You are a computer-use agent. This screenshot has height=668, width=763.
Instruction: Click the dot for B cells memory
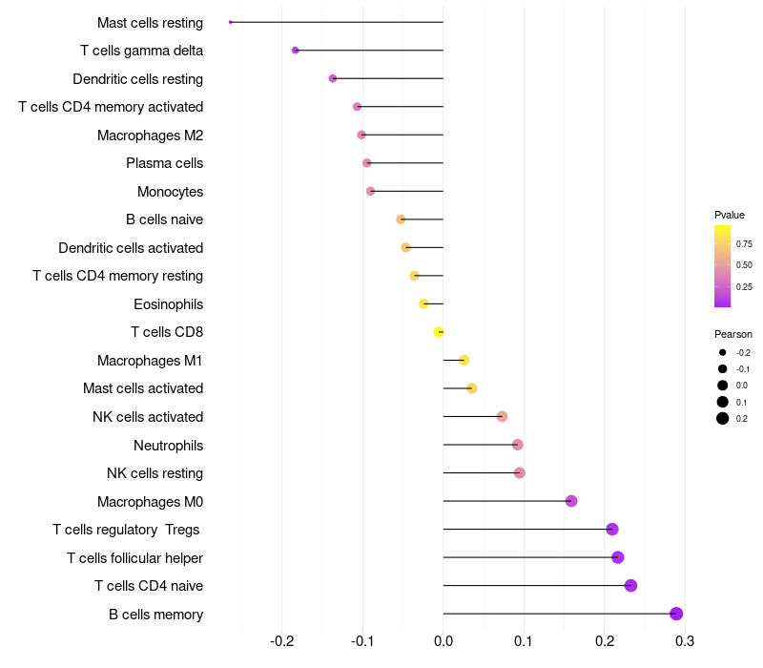click(x=676, y=614)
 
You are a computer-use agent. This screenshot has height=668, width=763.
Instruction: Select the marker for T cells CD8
click(x=439, y=332)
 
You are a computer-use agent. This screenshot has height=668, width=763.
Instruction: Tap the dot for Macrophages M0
click(x=571, y=501)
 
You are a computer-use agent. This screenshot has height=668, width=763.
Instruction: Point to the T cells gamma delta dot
click(x=295, y=50)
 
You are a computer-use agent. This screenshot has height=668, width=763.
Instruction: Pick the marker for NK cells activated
click(x=502, y=416)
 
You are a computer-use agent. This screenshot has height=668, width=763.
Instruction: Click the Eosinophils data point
click(x=423, y=303)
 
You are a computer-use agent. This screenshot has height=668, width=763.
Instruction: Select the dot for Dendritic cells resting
click(x=333, y=78)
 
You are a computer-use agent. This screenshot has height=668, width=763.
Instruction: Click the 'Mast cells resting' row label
click(x=150, y=22)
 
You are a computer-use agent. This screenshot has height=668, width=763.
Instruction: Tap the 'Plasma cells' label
click(x=164, y=163)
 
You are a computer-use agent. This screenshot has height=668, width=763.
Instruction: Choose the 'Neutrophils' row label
click(x=168, y=445)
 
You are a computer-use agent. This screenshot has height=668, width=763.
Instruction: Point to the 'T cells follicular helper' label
click(x=134, y=557)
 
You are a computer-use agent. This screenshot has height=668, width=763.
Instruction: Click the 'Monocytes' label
click(x=170, y=191)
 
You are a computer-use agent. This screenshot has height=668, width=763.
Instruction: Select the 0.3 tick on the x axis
click(x=685, y=640)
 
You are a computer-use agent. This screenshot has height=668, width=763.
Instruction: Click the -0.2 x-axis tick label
click(x=282, y=640)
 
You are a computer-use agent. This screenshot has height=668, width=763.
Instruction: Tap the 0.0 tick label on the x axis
click(x=443, y=640)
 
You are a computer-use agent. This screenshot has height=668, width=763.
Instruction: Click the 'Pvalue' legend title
click(x=730, y=215)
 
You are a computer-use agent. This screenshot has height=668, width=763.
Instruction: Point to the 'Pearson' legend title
click(x=733, y=334)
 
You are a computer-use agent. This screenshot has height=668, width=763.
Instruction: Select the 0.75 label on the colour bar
click(x=744, y=244)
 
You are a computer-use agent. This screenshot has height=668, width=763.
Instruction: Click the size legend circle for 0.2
click(x=723, y=418)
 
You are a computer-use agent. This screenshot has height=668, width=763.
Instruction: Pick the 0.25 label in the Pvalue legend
click(x=744, y=286)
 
